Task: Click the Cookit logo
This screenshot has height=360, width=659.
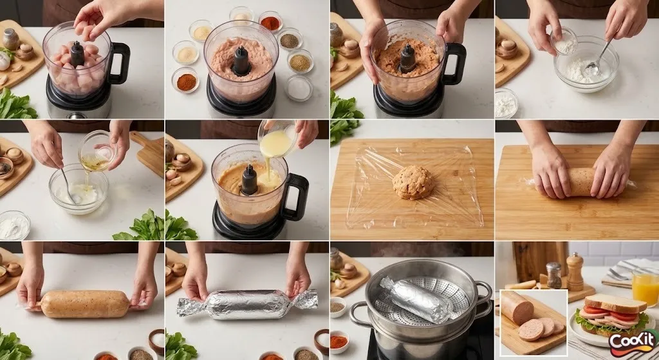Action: pyautogui.click(x=634, y=343)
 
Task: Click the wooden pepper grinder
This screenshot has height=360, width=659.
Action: pyautogui.click(x=575, y=272)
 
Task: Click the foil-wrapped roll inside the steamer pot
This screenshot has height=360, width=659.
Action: pyautogui.click(x=416, y=299)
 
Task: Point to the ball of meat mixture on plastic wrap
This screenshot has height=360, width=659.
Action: pyautogui.click(x=413, y=182)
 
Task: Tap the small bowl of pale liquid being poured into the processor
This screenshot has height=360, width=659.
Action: pyautogui.click(x=277, y=139)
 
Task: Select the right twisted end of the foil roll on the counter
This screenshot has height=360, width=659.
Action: pyautogui.click(x=304, y=299)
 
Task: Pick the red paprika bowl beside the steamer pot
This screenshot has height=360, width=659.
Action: pyautogui.click(x=339, y=341)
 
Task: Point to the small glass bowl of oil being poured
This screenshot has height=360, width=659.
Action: pyautogui.click(x=97, y=151)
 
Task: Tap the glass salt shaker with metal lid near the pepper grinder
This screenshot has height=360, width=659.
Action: pyautogui.click(x=553, y=275)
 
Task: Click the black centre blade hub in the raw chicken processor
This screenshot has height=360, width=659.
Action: pyautogui.click(x=77, y=54)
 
